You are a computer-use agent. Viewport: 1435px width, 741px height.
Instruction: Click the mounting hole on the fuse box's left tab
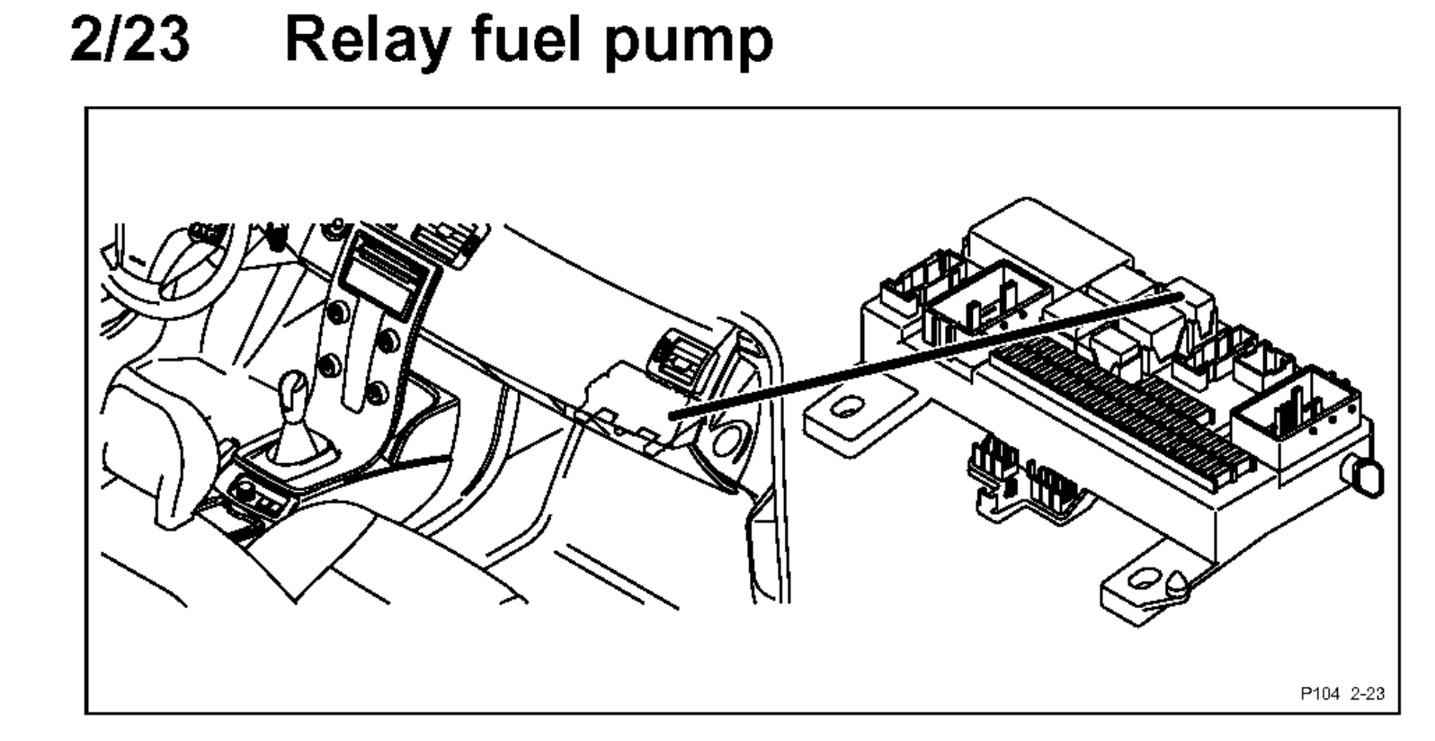[x=845, y=410]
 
